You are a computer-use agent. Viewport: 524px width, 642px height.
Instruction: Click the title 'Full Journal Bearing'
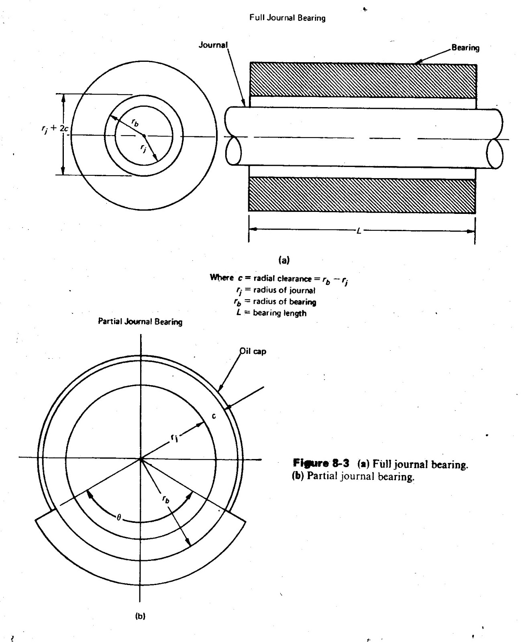click(287, 18)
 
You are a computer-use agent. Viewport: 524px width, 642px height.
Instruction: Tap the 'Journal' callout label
click(213, 45)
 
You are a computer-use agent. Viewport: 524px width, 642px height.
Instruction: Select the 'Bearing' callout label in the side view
click(465, 48)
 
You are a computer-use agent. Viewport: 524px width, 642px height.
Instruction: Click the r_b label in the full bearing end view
click(135, 124)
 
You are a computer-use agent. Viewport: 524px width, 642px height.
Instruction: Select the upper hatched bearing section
click(363, 80)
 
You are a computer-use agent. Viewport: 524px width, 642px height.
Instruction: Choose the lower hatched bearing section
click(361, 195)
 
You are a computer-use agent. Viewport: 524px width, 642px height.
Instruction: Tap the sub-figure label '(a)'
click(284, 260)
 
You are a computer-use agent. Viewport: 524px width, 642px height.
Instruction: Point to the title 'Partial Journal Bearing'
click(140, 322)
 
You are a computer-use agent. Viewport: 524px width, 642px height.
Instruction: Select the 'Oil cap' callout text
click(253, 351)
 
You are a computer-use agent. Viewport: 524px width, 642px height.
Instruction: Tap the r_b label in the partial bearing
click(165, 499)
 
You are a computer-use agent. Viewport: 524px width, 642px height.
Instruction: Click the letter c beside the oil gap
click(214, 416)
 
